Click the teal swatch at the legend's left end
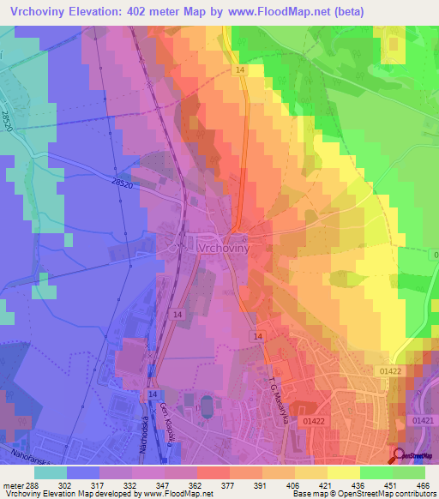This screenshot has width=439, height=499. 51,472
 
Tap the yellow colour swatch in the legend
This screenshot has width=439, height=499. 342,472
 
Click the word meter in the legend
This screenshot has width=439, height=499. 12,484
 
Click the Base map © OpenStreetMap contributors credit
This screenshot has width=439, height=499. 364,494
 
